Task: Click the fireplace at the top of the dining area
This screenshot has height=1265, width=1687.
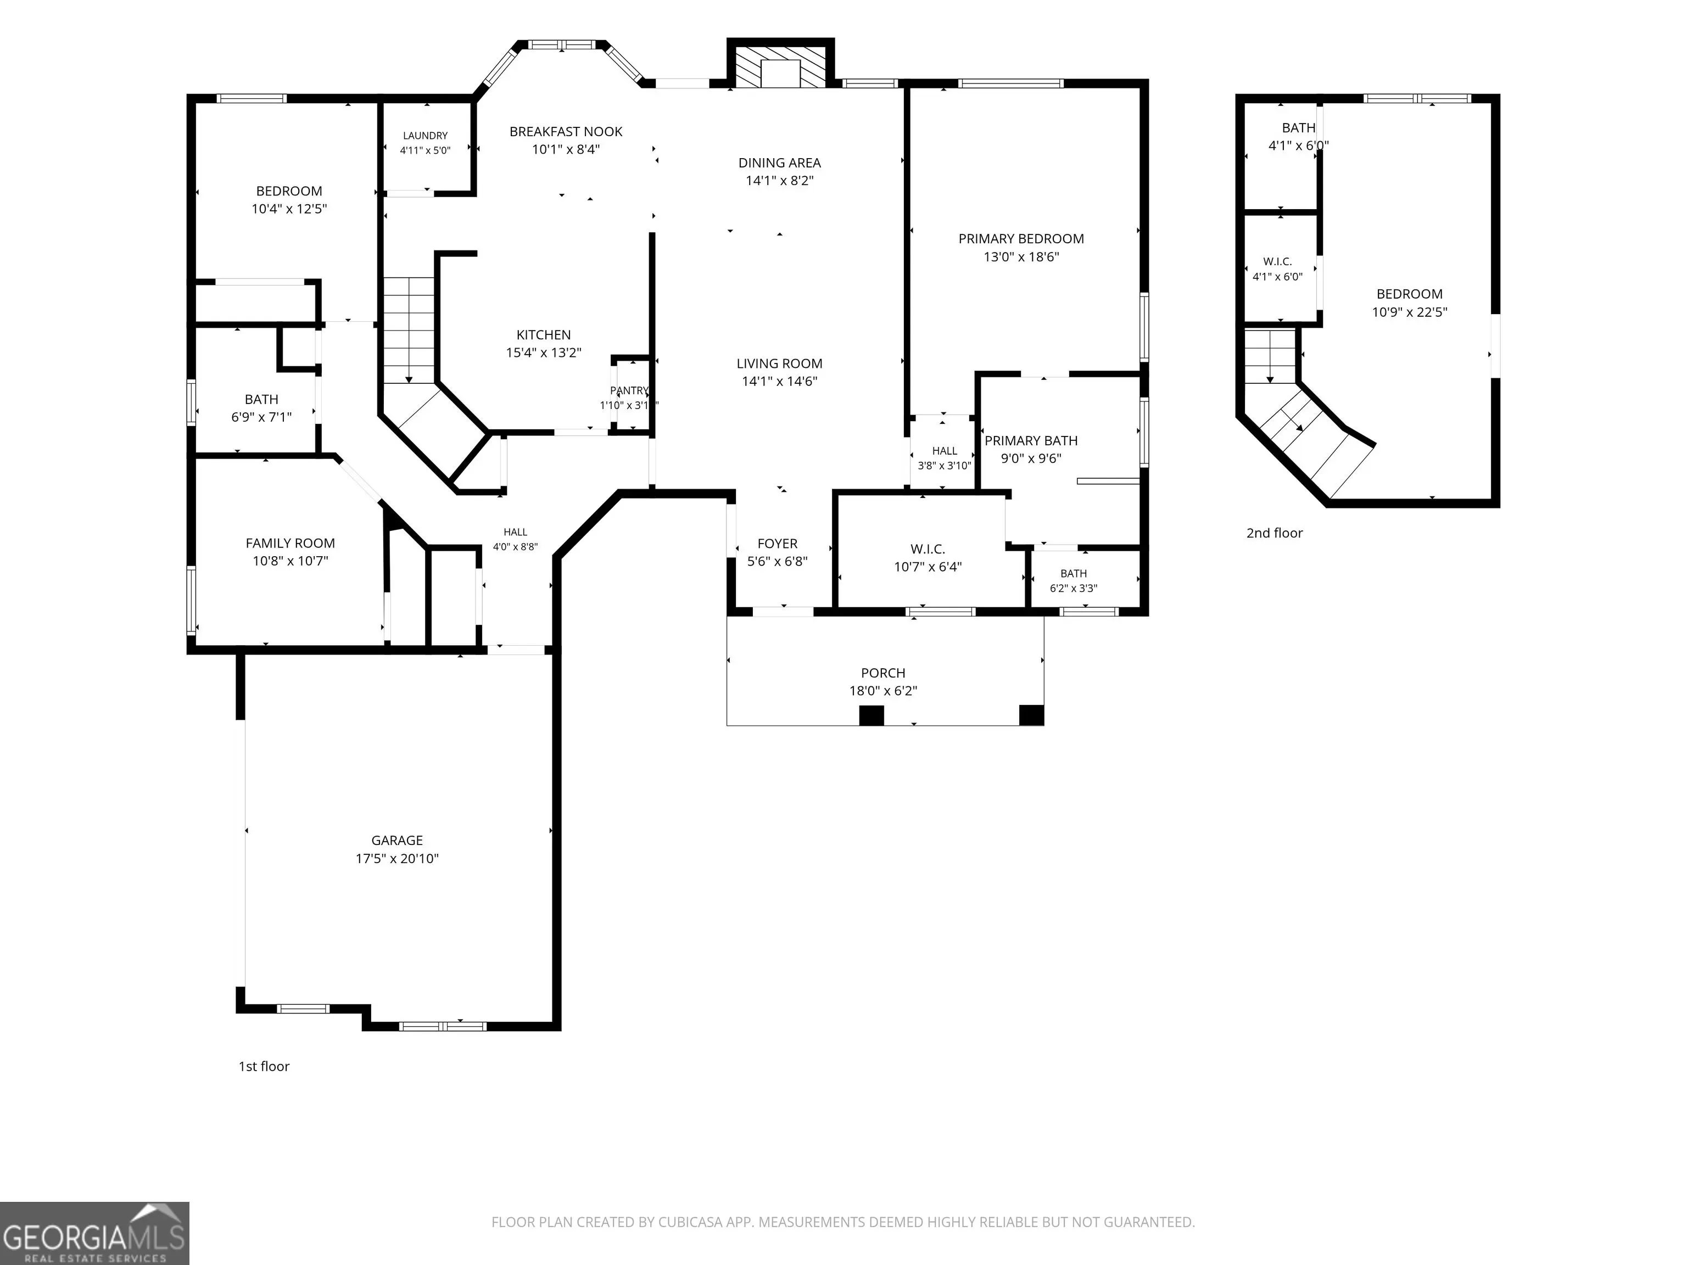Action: click(x=780, y=63)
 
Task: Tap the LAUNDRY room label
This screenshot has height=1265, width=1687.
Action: click(x=426, y=136)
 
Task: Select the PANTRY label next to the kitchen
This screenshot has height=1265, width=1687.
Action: click(x=629, y=390)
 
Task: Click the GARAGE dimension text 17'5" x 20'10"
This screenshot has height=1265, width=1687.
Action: click(x=398, y=859)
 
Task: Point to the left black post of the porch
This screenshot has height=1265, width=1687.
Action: click(x=872, y=715)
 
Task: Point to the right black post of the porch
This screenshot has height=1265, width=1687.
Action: click(x=1031, y=715)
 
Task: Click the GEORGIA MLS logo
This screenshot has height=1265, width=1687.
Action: click(x=94, y=1233)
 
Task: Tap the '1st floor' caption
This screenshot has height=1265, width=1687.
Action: click(x=264, y=1067)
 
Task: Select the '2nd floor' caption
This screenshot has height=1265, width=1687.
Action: click(x=1275, y=533)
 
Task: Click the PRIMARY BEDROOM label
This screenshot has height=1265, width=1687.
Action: click(x=1021, y=239)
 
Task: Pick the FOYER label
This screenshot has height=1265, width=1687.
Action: click(x=777, y=544)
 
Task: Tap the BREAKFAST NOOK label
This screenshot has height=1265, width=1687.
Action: click(x=566, y=132)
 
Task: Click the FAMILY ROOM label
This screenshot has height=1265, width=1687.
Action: click(x=291, y=543)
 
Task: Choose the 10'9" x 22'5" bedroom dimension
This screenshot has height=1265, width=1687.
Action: click(x=1409, y=312)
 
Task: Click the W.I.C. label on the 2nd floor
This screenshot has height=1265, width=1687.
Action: click(x=1277, y=261)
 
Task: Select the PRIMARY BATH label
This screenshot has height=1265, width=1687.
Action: click(x=1031, y=441)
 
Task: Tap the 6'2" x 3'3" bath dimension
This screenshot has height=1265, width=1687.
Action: click(x=1074, y=589)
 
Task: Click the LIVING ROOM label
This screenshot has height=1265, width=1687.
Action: click(x=779, y=363)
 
